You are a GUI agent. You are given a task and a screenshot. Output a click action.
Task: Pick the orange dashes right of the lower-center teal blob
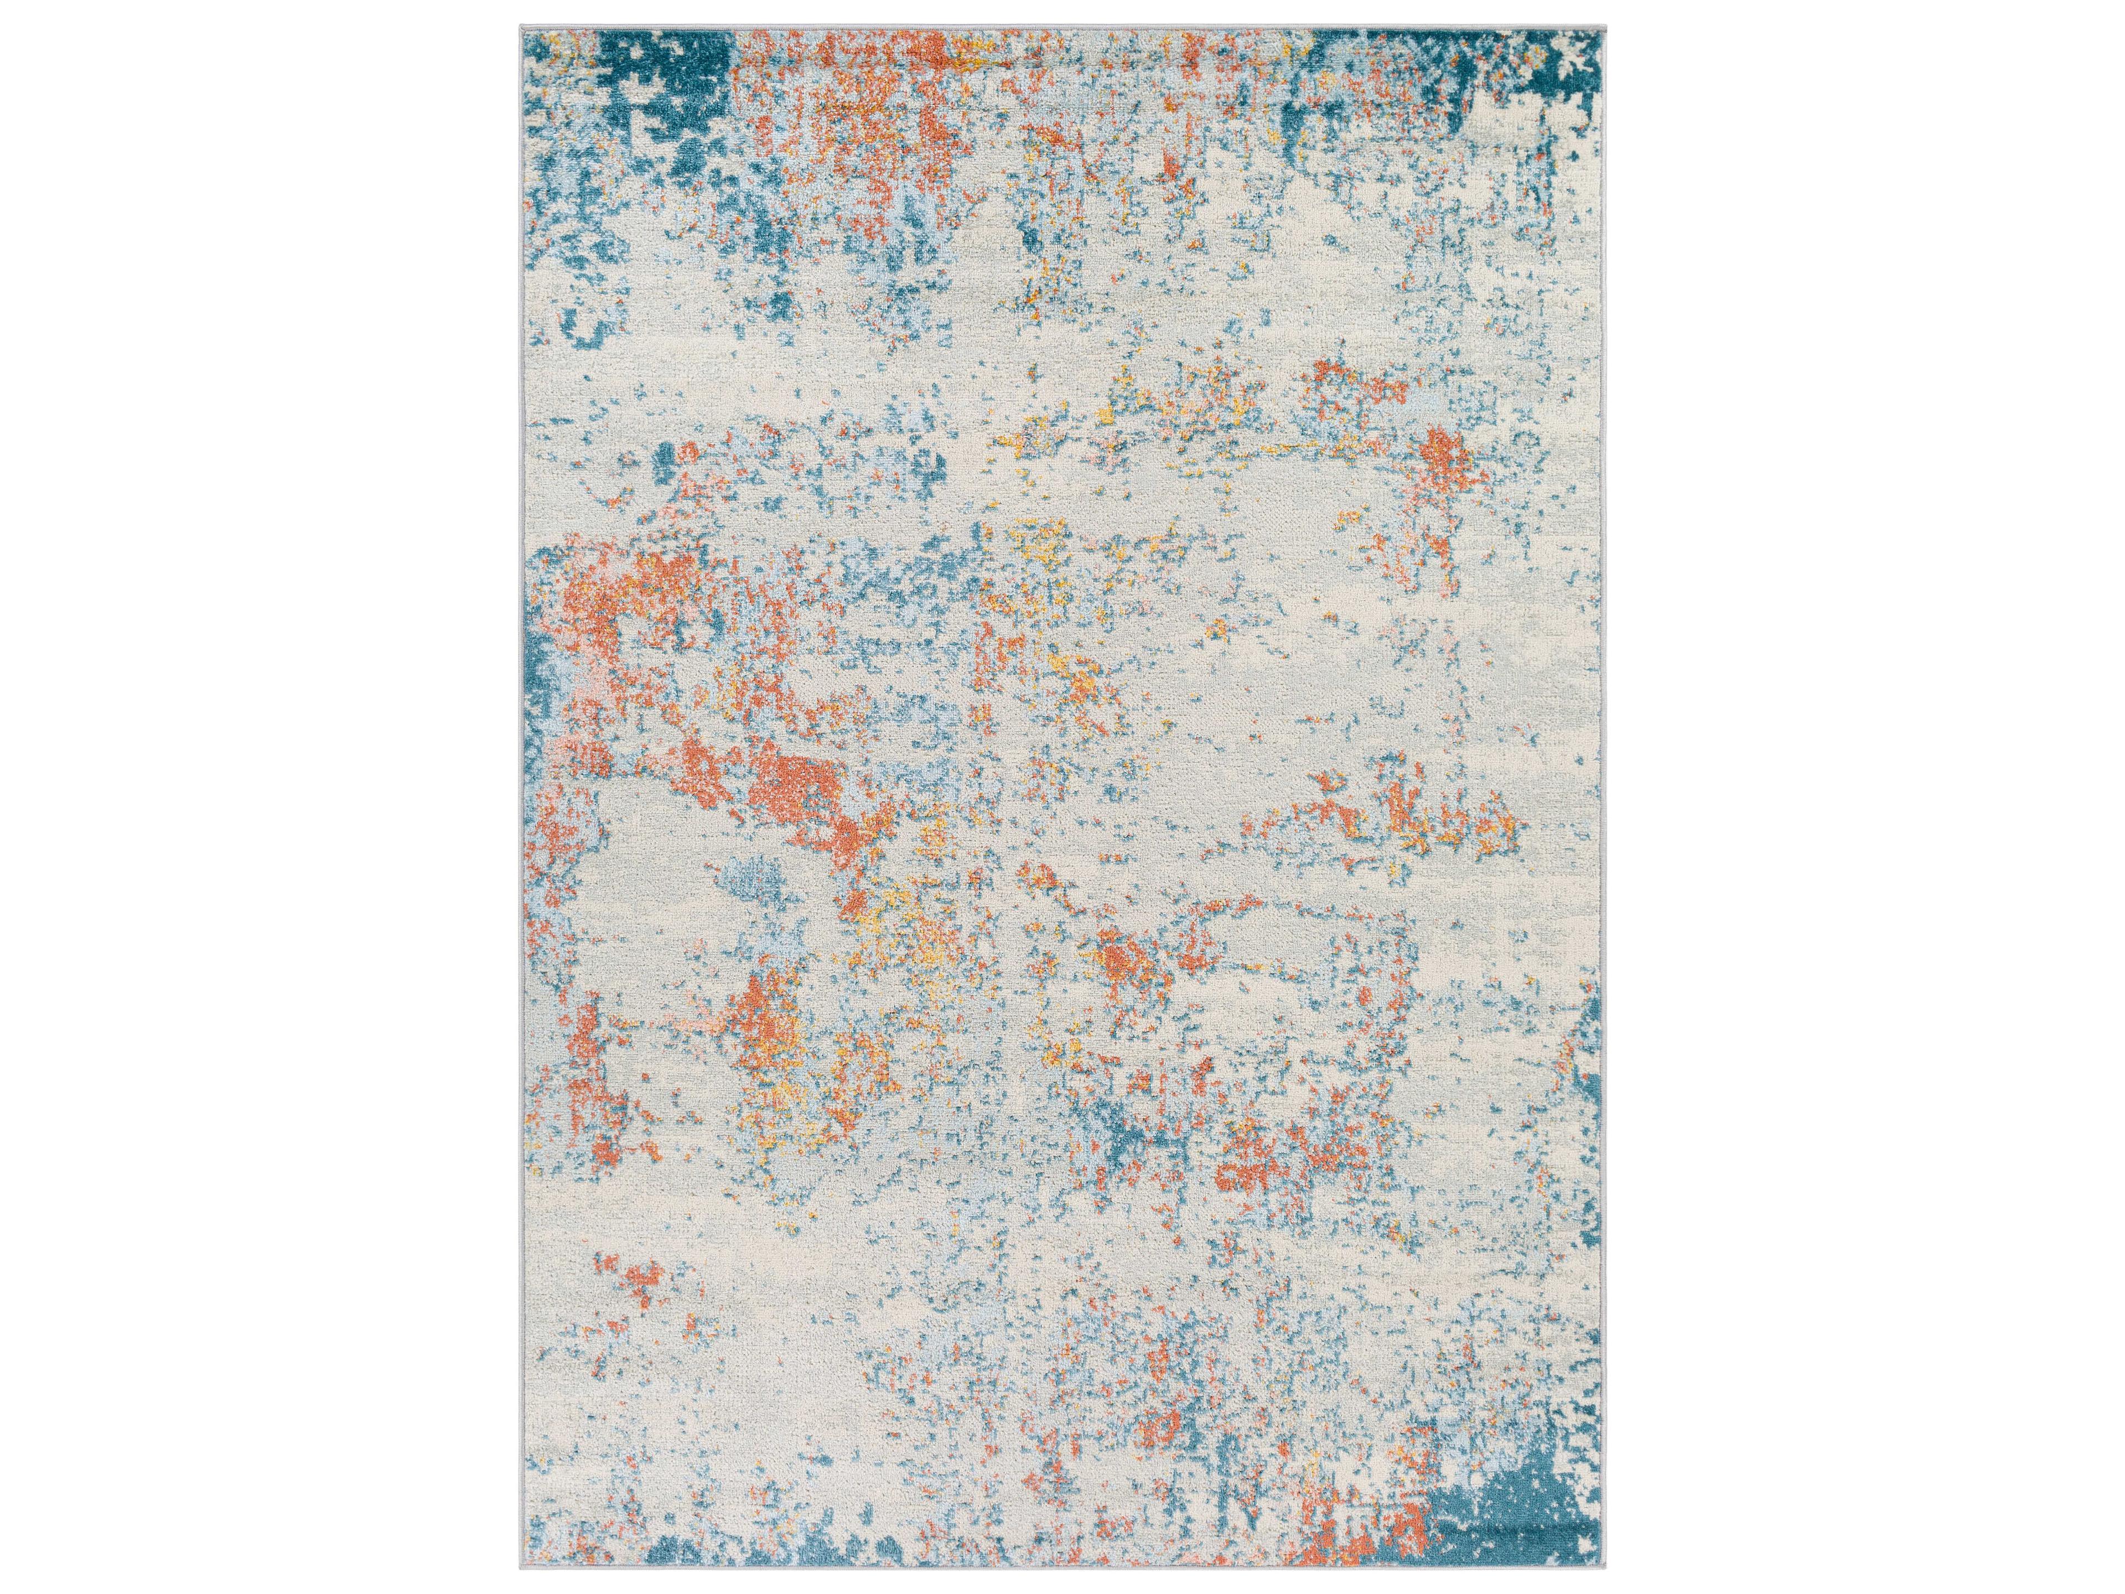(x=1249, y=1172)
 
